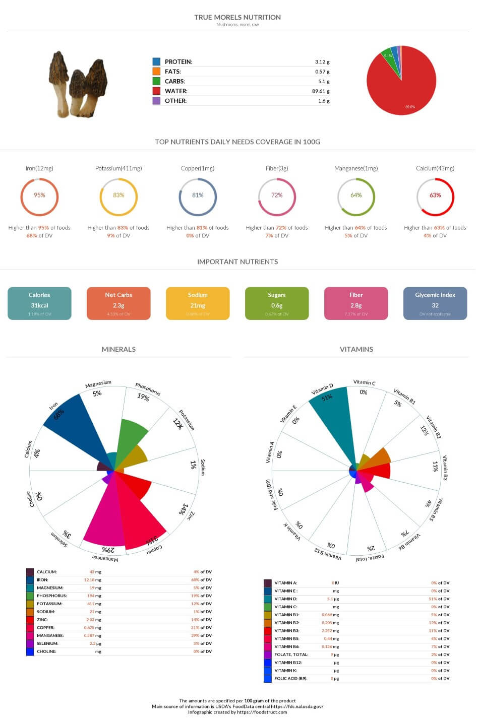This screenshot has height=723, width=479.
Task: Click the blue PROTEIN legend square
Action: pos(156,61)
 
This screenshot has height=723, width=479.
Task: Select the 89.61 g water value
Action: pos(321,91)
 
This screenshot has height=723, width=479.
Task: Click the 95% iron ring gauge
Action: pos(39,196)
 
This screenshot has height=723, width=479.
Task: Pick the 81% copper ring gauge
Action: pos(198,196)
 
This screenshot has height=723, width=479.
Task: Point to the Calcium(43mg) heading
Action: pos(435,168)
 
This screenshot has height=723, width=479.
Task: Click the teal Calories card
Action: pos(39,303)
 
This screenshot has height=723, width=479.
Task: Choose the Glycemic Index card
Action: pos(435,303)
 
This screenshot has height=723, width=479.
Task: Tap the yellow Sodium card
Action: pos(198,303)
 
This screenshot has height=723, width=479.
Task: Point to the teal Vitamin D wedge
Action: pos(333,418)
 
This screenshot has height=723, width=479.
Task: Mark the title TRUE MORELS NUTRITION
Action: pos(237,17)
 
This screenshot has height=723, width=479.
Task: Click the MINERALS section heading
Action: pos(118,349)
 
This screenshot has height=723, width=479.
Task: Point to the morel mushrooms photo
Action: pos(78,84)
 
